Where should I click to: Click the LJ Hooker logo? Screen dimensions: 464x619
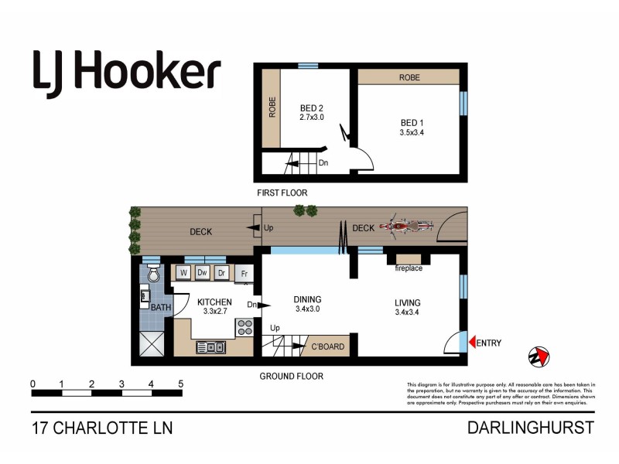point(127,70)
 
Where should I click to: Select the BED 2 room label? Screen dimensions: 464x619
point(311,108)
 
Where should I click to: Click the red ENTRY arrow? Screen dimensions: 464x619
point(472,343)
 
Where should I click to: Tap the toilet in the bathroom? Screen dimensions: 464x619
point(153,274)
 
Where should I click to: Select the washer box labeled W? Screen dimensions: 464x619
point(183,272)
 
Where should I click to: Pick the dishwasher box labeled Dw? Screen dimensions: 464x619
point(203,272)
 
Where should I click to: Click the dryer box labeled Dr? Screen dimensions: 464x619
point(221,272)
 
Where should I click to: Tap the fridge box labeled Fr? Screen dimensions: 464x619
point(245,273)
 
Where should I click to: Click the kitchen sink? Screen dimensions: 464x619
point(210,347)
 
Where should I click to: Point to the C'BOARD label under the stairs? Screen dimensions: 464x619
point(327,346)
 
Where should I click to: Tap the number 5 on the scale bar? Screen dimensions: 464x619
point(180,384)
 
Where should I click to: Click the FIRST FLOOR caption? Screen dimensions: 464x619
point(282,192)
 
